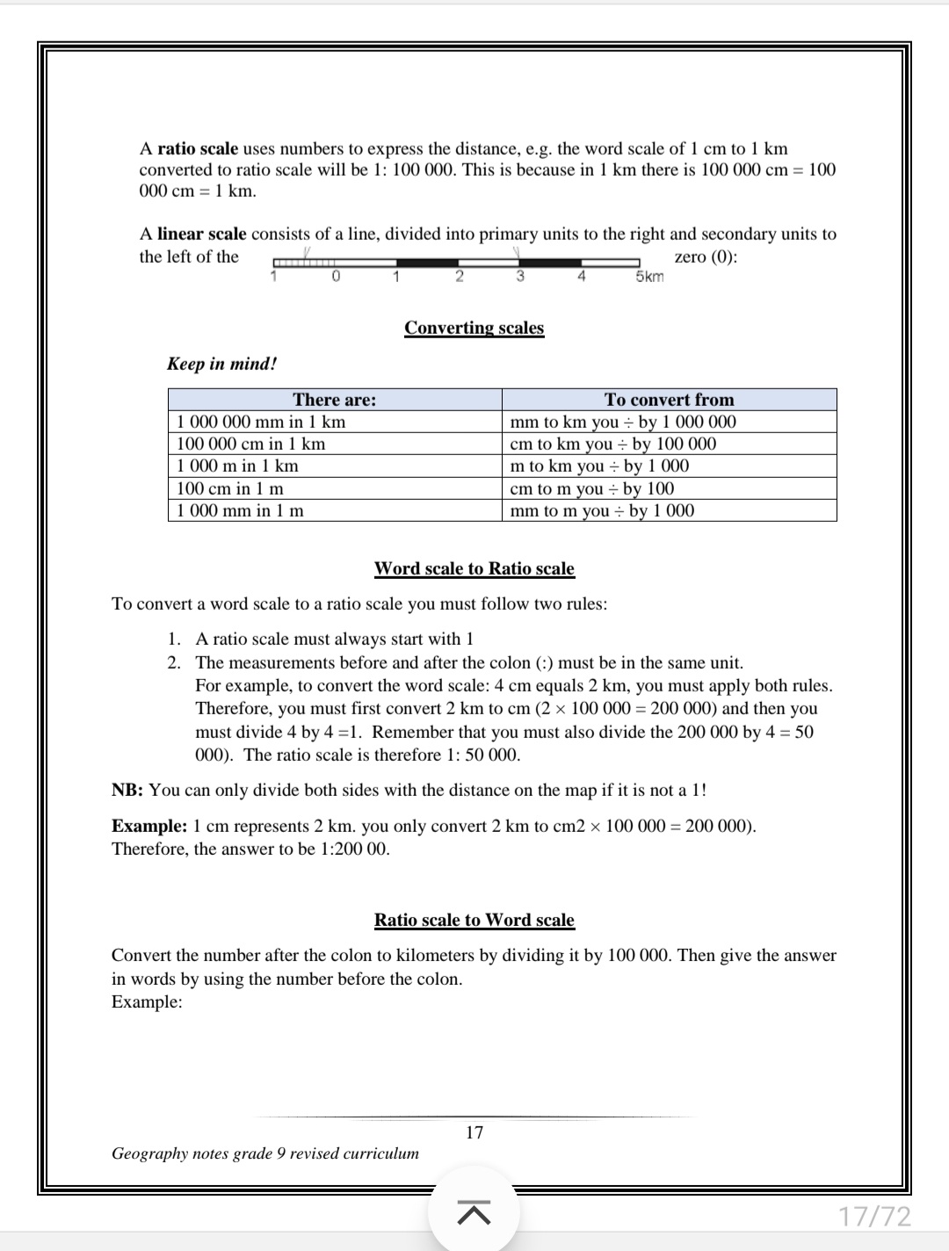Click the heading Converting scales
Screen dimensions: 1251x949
click(474, 328)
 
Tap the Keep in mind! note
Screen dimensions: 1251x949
click(222, 364)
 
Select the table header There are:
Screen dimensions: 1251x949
click(334, 400)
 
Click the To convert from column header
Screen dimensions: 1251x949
click(669, 400)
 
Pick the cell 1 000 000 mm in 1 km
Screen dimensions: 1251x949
click(261, 422)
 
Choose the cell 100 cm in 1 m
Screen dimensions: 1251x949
click(230, 488)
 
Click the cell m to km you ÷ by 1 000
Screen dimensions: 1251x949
click(599, 466)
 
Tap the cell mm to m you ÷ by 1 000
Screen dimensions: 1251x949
click(602, 510)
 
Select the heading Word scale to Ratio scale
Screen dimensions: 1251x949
click(474, 568)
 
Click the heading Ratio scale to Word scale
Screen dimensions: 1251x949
click(474, 920)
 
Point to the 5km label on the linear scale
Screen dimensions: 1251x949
click(649, 277)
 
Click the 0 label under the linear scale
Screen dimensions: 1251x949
click(336, 277)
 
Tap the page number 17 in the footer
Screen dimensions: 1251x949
click(474, 1132)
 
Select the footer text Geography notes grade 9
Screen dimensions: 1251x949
click(264, 1153)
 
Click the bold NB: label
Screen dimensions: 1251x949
click(127, 790)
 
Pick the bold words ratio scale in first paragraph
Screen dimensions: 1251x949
click(198, 148)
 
